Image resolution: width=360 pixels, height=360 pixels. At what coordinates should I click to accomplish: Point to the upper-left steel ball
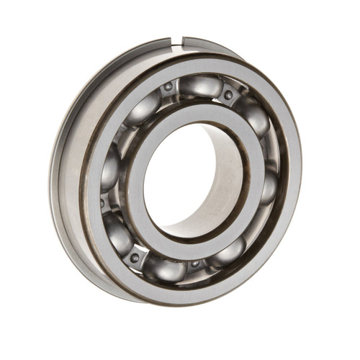pos(143,108)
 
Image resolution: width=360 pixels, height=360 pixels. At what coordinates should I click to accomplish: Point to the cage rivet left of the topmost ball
pos(168,87)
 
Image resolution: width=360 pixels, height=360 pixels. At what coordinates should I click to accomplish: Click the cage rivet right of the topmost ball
pos(228,94)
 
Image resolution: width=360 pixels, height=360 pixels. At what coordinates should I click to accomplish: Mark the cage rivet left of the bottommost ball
pos(135,257)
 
